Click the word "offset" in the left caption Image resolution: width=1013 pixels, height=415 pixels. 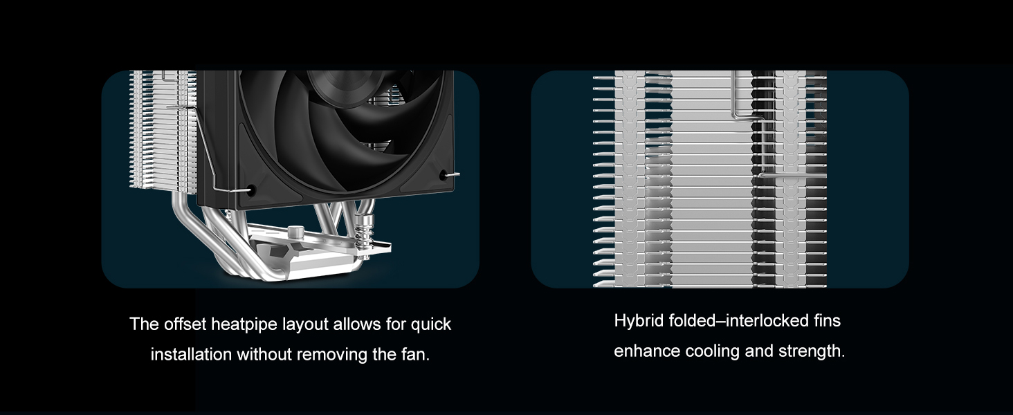pyautogui.click(x=184, y=324)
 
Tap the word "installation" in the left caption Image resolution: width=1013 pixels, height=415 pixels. pyautogui.click(x=191, y=355)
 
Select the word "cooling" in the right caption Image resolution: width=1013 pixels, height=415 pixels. pyautogui.click(x=713, y=351)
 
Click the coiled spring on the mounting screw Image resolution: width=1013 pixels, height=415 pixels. pyautogui.click(x=361, y=228)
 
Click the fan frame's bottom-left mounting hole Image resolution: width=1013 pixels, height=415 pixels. pyautogui.click(x=251, y=189)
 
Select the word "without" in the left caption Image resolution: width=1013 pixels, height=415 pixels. pyautogui.click(x=262, y=355)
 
